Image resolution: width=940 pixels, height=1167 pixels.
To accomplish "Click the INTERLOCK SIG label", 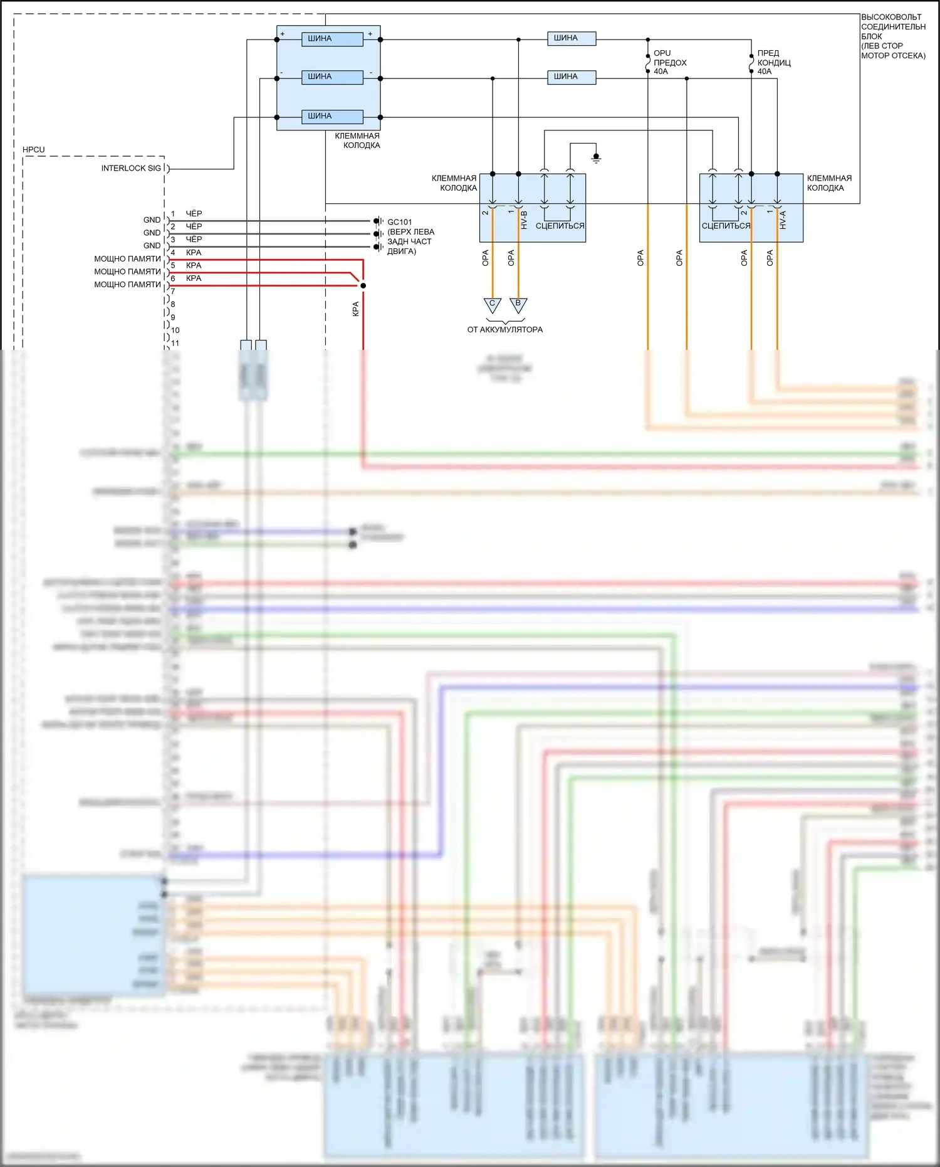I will pos(131,168).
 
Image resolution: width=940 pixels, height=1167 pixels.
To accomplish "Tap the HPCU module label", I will pos(34,150).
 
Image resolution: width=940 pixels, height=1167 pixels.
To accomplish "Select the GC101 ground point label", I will pos(400,222).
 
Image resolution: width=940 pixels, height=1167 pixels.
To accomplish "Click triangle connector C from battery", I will pos(493,305).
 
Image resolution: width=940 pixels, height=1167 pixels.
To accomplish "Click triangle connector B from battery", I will pos(518,305).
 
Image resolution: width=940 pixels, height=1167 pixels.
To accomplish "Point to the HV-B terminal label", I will pos(524,220).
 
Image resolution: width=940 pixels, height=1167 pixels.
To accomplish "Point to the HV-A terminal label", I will pos(783,220).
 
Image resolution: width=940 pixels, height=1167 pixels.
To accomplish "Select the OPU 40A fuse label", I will pos(669,62).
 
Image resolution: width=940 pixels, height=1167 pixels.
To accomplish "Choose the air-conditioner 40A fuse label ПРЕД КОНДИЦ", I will pos(773,62).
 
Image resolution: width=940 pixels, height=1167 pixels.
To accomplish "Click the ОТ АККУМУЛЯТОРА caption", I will pos(505,330).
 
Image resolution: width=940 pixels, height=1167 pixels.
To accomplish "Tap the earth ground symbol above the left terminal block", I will pos(596,157).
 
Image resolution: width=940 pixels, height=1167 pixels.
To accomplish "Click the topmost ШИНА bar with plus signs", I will pos(332,39).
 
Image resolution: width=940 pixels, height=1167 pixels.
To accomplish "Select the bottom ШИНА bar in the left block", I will pos(332,117).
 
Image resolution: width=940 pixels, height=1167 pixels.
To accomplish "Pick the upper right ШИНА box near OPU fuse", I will pos(572,38).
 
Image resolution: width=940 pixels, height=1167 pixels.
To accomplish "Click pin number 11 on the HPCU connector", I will pos(175,343).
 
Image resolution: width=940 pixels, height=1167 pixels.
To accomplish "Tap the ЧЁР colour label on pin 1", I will pos(194,214).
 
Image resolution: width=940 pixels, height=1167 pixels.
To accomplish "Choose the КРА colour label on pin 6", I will pos(194,278).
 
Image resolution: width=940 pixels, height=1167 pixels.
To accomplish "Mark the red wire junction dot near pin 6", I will pos(363,285).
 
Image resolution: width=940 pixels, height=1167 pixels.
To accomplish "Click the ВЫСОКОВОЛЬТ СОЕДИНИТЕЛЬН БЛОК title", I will pos(892,36).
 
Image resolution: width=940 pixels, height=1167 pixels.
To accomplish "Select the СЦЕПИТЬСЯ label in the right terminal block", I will pos(726,226).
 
